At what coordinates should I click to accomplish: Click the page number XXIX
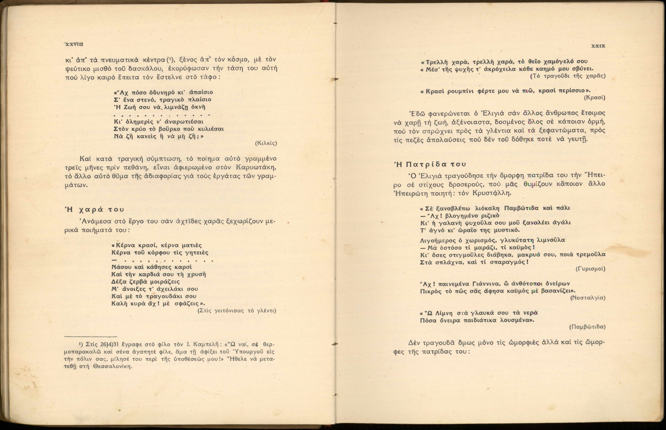pyautogui.click(x=598, y=46)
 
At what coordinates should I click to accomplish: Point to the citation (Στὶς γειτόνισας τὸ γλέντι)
pyautogui.click(x=237, y=311)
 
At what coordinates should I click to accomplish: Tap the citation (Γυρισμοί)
pyautogui.click(x=590, y=269)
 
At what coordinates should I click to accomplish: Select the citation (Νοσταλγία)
pyautogui.click(x=587, y=298)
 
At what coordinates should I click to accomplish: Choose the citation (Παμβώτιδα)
pyautogui.click(x=587, y=327)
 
